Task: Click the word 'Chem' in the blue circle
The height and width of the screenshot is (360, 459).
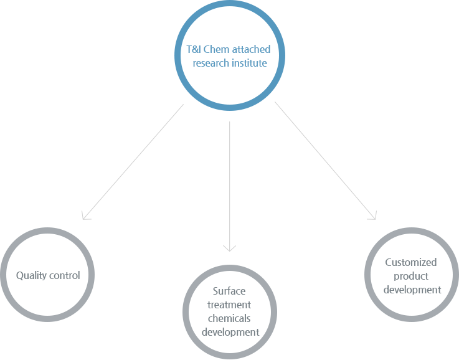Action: pyautogui.click(x=216, y=49)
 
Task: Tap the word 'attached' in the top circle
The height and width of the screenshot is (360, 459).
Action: pyautogui.click(x=252, y=49)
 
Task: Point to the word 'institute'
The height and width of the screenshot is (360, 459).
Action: pyautogui.click(x=249, y=63)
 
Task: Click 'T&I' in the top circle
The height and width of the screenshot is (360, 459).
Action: pyautogui.click(x=194, y=49)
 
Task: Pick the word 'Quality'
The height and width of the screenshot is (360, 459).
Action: pyautogui.click(x=31, y=276)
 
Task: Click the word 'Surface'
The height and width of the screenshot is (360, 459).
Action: pyautogui.click(x=229, y=291)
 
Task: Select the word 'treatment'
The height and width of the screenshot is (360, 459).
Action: pyautogui.click(x=229, y=305)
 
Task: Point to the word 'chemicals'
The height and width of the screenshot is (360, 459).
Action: pyautogui.click(x=229, y=318)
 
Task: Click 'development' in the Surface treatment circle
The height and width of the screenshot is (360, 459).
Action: pyautogui.click(x=230, y=332)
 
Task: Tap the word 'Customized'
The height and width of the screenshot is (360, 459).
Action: pyautogui.click(x=411, y=262)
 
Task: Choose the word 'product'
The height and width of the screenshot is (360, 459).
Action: pyautogui.click(x=411, y=276)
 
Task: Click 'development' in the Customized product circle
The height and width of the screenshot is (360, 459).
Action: pyautogui.click(x=412, y=290)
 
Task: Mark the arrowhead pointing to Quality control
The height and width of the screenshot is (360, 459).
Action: pyautogui.click(x=85, y=216)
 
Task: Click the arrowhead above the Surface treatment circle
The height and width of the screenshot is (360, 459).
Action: pyautogui.click(x=229, y=249)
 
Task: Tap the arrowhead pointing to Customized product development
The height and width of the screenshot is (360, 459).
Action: pyautogui.click(x=373, y=216)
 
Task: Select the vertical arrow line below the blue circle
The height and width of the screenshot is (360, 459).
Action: pyautogui.click(x=229, y=186)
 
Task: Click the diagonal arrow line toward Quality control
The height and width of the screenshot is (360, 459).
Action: pyautogui.click(x=133, y=162)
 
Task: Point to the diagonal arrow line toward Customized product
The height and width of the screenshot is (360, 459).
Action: pyautogui.click(x=326, y=161)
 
